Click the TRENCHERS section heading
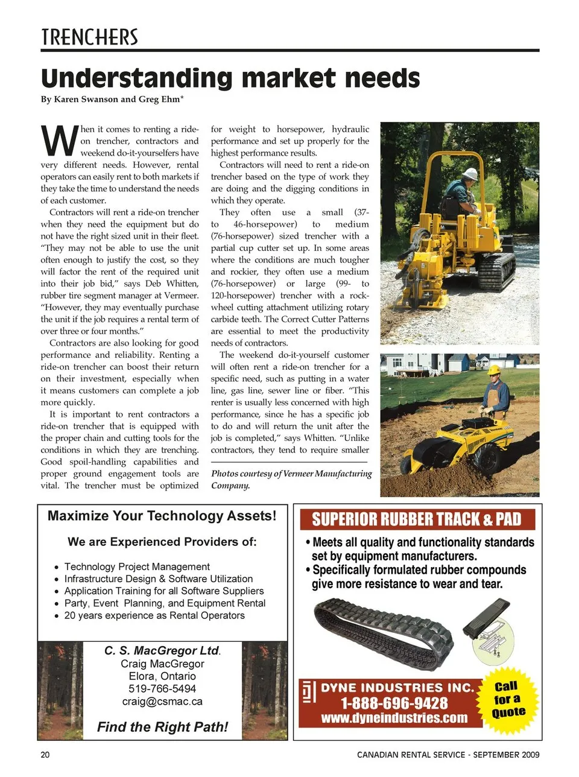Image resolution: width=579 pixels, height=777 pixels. pos(89,37)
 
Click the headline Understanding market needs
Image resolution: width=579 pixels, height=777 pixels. pos(230,78)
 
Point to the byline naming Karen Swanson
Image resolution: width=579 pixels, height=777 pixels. pos(112,100)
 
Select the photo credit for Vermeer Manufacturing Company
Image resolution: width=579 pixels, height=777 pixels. pos(291,480)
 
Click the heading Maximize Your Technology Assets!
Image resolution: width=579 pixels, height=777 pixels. pos(162,516)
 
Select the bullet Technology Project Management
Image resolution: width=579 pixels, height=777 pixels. pos(137,566)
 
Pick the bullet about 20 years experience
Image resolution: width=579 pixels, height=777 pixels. pos(154,615)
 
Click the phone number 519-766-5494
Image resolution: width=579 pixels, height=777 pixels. pos(162,688)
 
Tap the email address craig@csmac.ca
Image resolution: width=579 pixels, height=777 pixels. pos(162,702)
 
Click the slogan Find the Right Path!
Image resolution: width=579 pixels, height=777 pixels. pos(162,727)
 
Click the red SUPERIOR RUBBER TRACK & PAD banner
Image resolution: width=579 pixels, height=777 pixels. pos(416,519)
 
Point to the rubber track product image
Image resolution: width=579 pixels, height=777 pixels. pos(384,631)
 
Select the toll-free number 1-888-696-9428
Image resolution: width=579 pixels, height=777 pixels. pos(394,703)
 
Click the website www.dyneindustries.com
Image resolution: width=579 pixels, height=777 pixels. pos(394,718)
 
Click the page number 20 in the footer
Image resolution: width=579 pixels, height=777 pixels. pos(45,755)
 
